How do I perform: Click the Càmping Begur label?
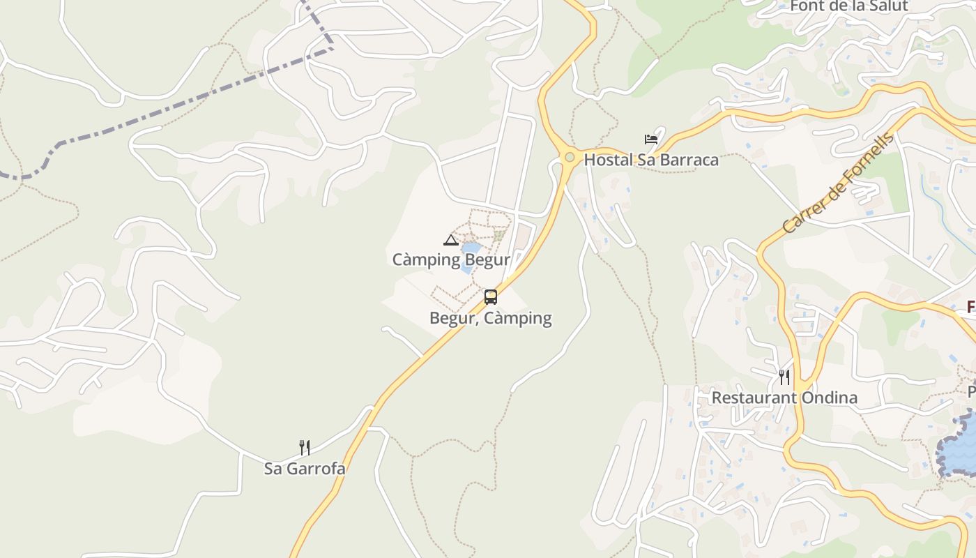[451, 260]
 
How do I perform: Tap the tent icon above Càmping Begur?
[450, 241]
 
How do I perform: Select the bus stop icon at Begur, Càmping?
[491, 297]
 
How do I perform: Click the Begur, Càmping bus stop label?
[490, 319]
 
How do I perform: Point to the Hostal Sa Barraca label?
[650, 160]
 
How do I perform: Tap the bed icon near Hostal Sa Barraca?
[651, 139]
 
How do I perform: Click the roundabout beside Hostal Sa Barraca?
[570, 157]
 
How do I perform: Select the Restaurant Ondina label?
[784, 398]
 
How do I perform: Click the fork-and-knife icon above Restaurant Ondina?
[784, 377]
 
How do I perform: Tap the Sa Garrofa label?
[304, 469]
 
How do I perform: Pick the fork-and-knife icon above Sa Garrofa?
[304, 448]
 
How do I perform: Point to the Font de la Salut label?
[848, 6]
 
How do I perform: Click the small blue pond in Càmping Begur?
[471, 249]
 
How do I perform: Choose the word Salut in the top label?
[887, 6]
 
